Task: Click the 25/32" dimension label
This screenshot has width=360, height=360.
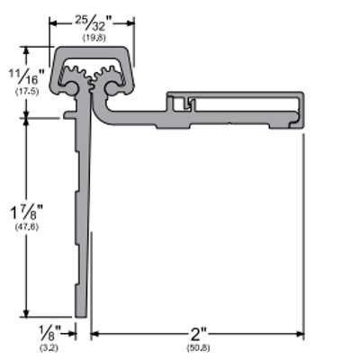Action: pyautogui.click(x=94, y=23)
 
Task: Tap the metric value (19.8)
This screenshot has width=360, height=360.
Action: pyautogui.click(x=94, y=38)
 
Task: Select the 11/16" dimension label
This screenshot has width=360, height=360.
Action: pyautogui.click(x=27, y=76)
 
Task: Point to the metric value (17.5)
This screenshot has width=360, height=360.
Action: pyautogui.click(x=27, y=92)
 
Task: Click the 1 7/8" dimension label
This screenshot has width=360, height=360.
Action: pyautogui.click(x=27, y=212)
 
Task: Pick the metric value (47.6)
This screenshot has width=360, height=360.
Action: pyautogui.click(x=27, y=227)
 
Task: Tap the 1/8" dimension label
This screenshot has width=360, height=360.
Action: pyautogui.click(x=50, y=332)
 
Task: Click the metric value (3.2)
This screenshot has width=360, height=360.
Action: pyautogui.click(x=49, y=348)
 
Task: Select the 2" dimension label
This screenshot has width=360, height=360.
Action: pyautogui.click(x=199, y=334)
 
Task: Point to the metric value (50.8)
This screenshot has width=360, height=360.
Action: pyautogui.click(x=199, y=348)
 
